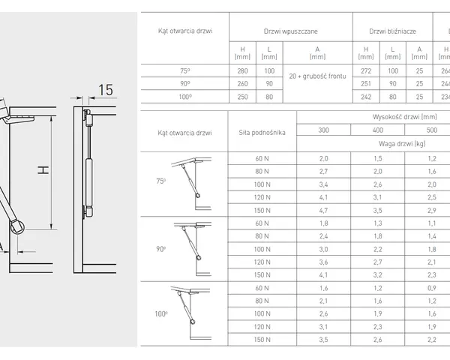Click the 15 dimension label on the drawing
106,90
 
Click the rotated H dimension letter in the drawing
43,170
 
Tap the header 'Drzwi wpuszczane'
291,31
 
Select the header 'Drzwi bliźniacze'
392,31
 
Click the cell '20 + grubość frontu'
318,76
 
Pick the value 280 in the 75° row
242,71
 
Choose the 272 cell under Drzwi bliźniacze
366,71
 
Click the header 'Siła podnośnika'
262,133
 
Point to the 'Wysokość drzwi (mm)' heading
405,117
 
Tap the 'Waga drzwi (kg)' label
402,144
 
